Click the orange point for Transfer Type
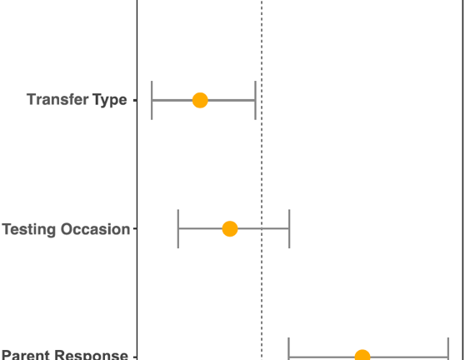point(200,100)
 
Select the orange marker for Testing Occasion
point(230,228)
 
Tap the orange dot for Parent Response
point(362,354)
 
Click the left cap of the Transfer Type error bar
point(152,100)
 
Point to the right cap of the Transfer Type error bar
point(255,100)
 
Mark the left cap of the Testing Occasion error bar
point(178,228)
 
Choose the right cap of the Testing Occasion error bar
point(289,228)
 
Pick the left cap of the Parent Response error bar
point(288,349)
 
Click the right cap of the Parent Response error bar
point(448,349)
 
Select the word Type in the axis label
point(110,101)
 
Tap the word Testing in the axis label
point(29,229)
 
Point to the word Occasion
point(96,229)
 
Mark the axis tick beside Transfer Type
point(135,100)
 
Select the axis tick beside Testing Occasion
point(135,228)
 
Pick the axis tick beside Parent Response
point(135,357)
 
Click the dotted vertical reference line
point(262,180)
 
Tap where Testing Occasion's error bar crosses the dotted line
point(262,228)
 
